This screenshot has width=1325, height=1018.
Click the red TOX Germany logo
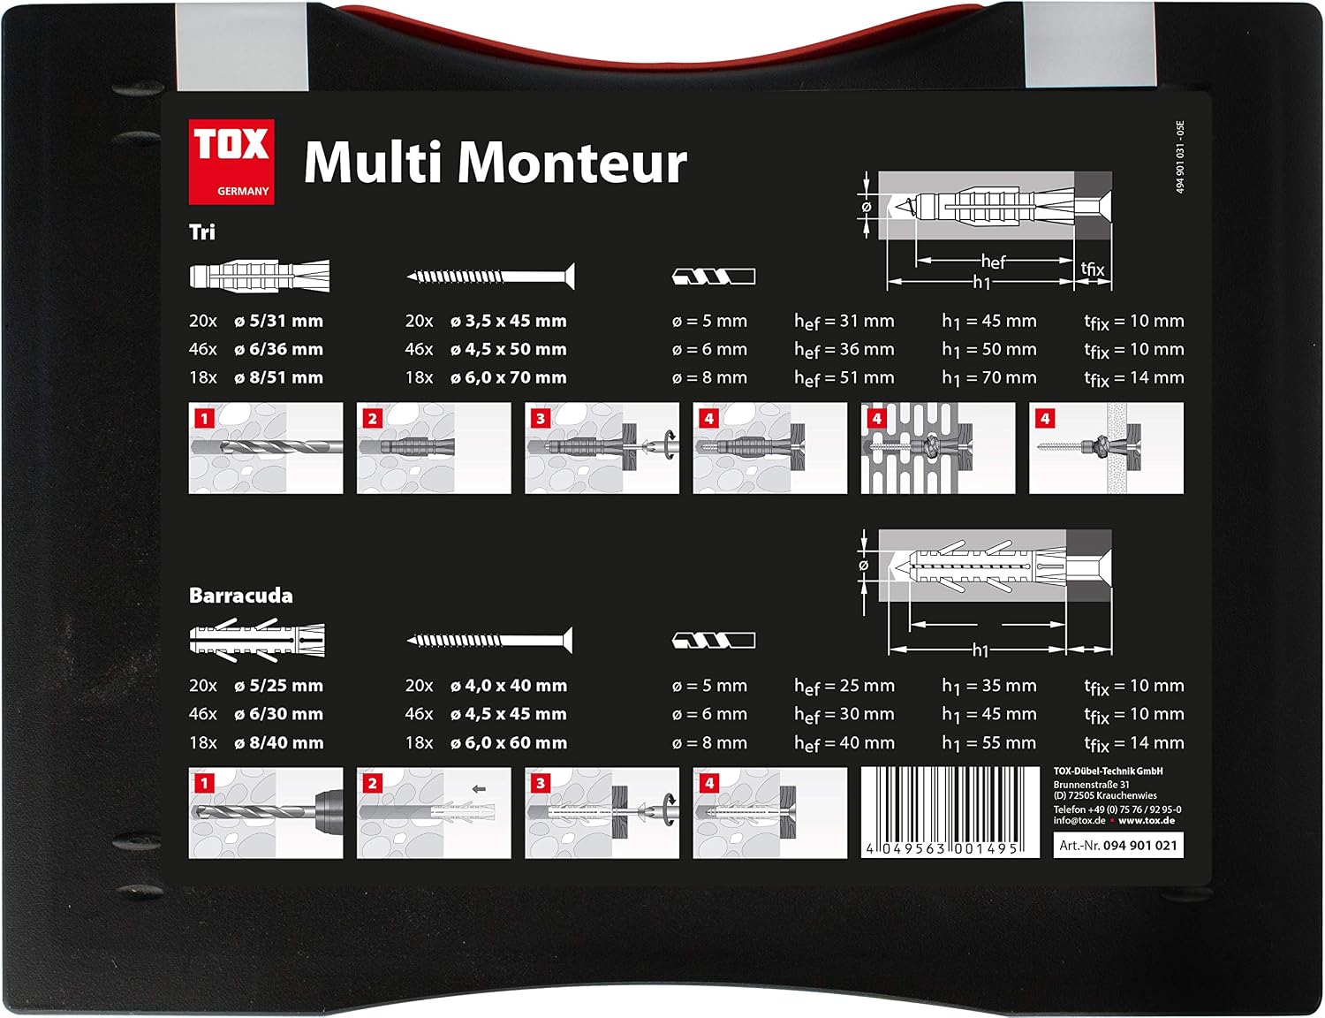pyautogui.click(x=231, y=162)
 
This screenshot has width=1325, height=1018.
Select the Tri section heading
pyautogui.click(x=201, y=232)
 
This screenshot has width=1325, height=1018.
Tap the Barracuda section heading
pyautogui.click(x=241, y=596)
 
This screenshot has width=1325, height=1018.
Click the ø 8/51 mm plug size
pyautogui.click(x=278, y=377)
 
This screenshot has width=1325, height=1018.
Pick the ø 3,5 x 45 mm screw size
pyautogui.click(x=509, y=321)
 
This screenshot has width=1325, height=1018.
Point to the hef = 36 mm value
pyautogui.click(x=844, y=350)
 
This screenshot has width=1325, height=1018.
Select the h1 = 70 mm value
pyautogui.click(x=989, y=378)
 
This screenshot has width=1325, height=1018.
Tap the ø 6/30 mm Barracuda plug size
pyautogui.click(x=278, y=714)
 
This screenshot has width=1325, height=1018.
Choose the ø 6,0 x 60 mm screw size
pyautogui.click(x=509, y=743)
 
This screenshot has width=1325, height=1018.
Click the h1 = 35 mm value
pyautogui.click(x=989, y=687)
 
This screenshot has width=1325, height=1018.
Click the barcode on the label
pyautogui.click(x=950, y=812)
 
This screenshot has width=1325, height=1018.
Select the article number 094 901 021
pyautogui.click(x=1140, y=846)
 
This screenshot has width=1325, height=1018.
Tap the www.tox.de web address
pyautogui.click(x=1147, y=820)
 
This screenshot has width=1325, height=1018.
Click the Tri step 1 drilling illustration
pyautogui.click(x=266, y=448)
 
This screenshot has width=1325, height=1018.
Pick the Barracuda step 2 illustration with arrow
pyautogui.click(x=434, y=812)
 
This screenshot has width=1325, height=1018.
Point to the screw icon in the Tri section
pyautogui.click(x=491, y=277)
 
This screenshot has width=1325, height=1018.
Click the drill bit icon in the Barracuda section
pyautogui.click(x=714, y=641)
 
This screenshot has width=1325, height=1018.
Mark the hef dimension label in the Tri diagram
pyautogui.click(x=993, y=262)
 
